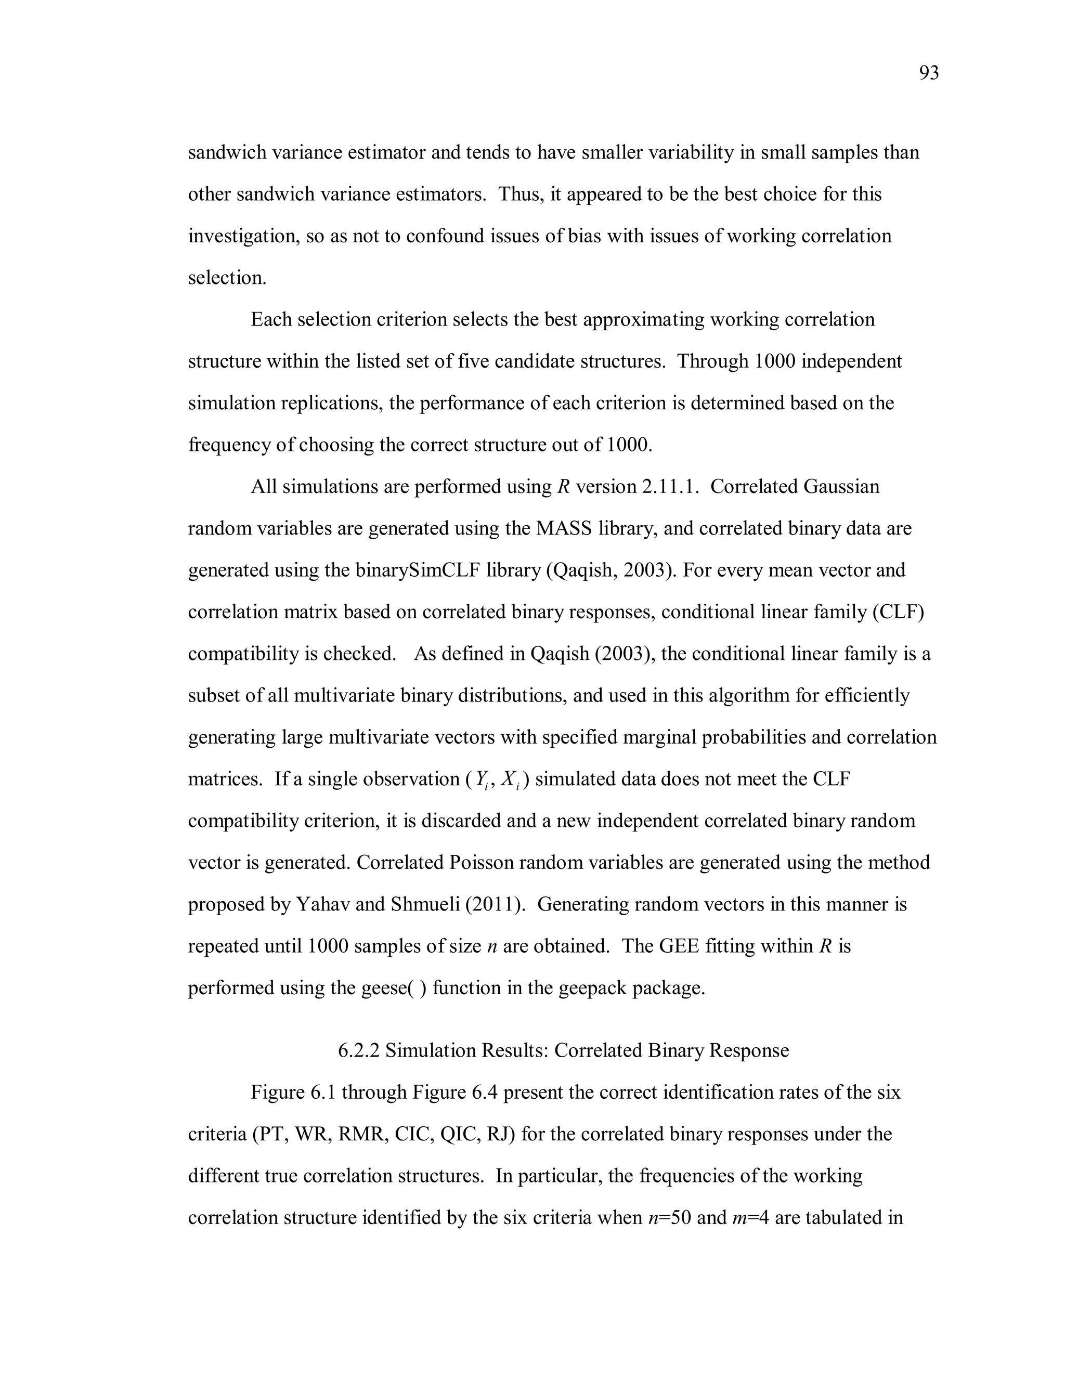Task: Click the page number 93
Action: pyautogui.click(x=929, y=74)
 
